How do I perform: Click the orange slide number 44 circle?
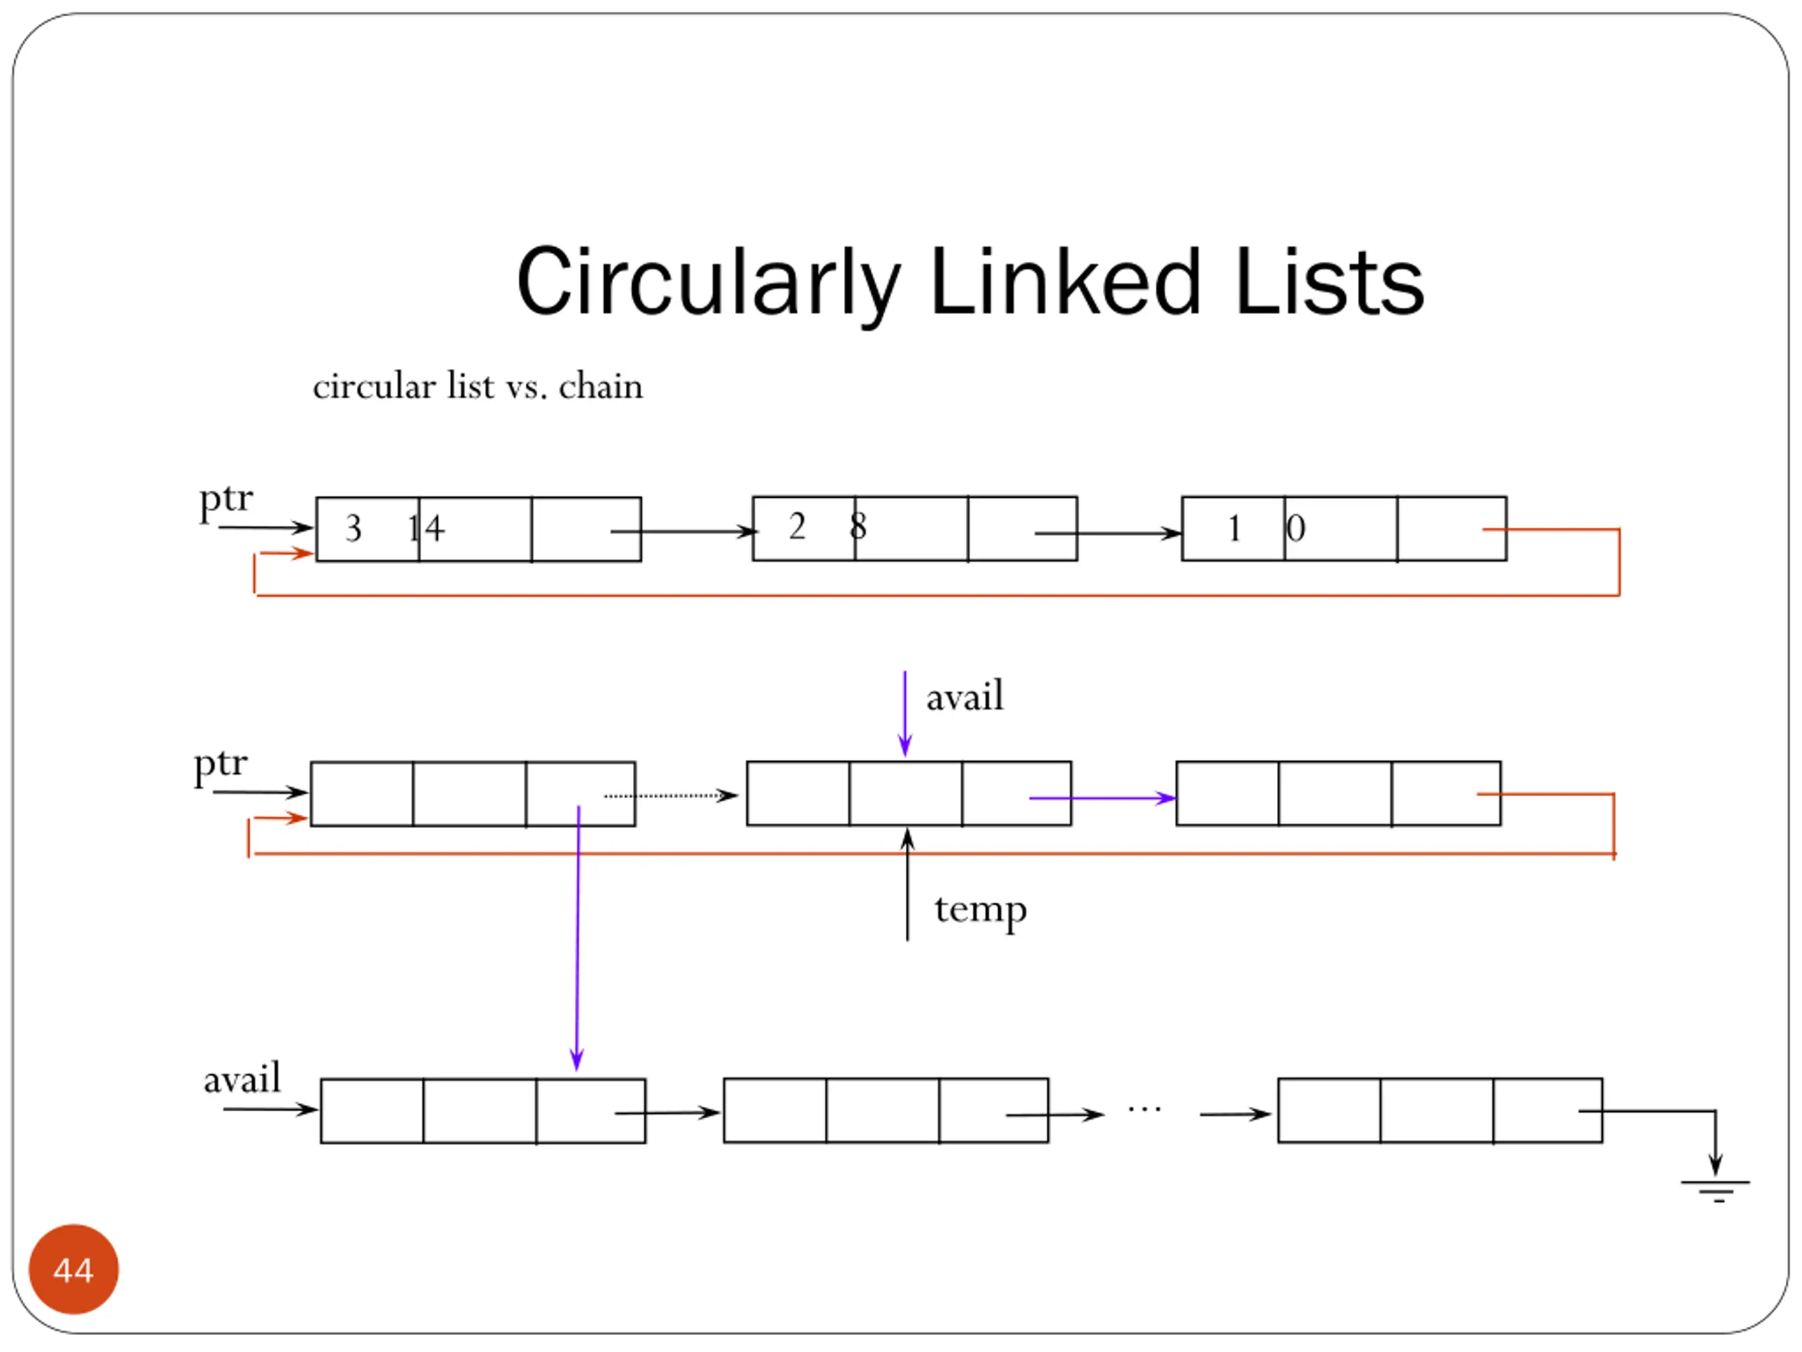point(73,1269)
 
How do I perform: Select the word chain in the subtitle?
point(600,387)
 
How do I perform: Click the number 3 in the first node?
point(353,528)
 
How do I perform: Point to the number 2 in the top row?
point(797,527)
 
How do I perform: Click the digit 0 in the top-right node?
point(1296,528)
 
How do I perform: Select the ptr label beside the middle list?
point(220,765)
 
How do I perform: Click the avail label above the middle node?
point(964,697)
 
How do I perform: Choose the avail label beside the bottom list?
point(242,1079)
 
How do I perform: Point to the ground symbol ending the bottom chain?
point(1715,1191)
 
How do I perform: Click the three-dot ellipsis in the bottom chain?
point(1144,1109)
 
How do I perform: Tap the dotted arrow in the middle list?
point(670,796)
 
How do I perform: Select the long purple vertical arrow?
point(578,938)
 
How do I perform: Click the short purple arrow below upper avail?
point(905,714)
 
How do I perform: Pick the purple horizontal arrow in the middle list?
point(1103,798)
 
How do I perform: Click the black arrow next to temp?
point(907,884)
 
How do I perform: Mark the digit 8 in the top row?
point(858,527)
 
